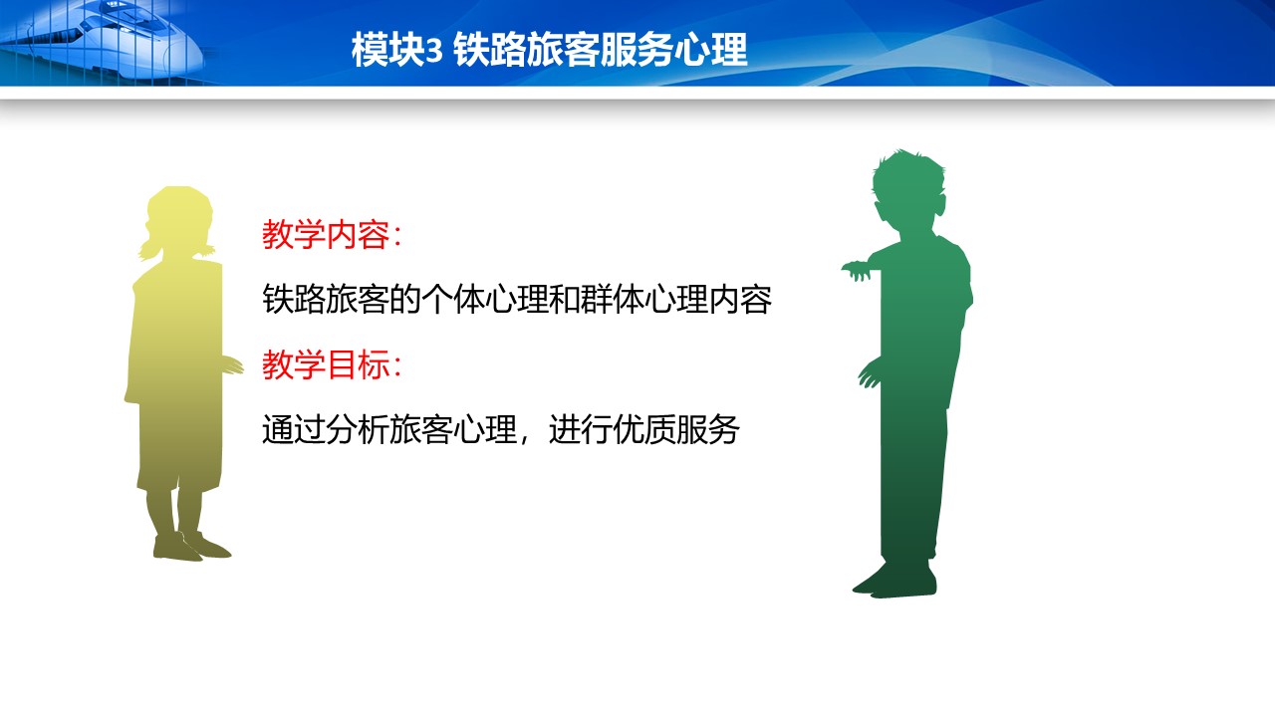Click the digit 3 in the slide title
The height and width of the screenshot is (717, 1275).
coord(433,51)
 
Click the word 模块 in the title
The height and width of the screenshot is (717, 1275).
coord(388,50)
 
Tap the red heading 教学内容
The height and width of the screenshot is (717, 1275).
coord(326,234)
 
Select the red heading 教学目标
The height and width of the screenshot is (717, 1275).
coord(326,364)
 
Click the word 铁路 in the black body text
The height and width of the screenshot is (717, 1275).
coord(293,300)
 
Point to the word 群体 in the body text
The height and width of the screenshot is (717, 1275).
coord(612,300)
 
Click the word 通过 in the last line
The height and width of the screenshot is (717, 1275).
coord(293,429)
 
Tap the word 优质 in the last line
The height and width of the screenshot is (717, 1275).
coord(643,429)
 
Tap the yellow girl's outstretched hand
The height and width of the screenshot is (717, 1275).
coord(232,365)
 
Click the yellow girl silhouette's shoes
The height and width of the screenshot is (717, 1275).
coord(191,547)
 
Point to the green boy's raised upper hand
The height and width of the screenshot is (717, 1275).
coord(858,270)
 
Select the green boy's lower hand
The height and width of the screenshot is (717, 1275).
coord(870,374)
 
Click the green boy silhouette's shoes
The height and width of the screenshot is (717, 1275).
coord(894,580)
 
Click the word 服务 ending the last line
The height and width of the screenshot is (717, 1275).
coord(707,429)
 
